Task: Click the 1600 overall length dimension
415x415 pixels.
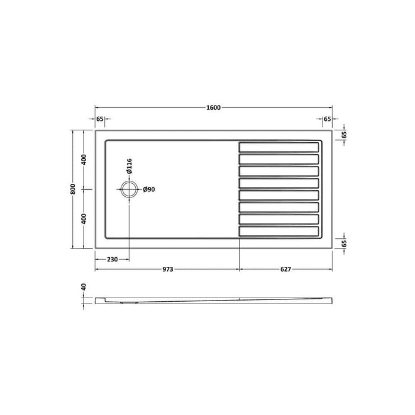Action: (x=213, y=107)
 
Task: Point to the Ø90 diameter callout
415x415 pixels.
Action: (x=149, y=190)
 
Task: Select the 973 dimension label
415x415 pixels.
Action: (x=167, y=269)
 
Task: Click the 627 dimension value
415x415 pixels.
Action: (x=285, y=269)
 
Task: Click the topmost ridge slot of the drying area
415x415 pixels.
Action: (x=279, y=146)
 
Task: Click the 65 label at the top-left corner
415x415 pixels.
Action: (x=100, y=119)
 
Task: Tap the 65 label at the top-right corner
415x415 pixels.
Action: (x=327, y=119)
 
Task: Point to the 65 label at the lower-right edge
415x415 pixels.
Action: (x=344, y=244)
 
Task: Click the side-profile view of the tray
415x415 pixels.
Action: (x=213, y=300)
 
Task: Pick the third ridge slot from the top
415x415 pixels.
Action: (x=279, y=171)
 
